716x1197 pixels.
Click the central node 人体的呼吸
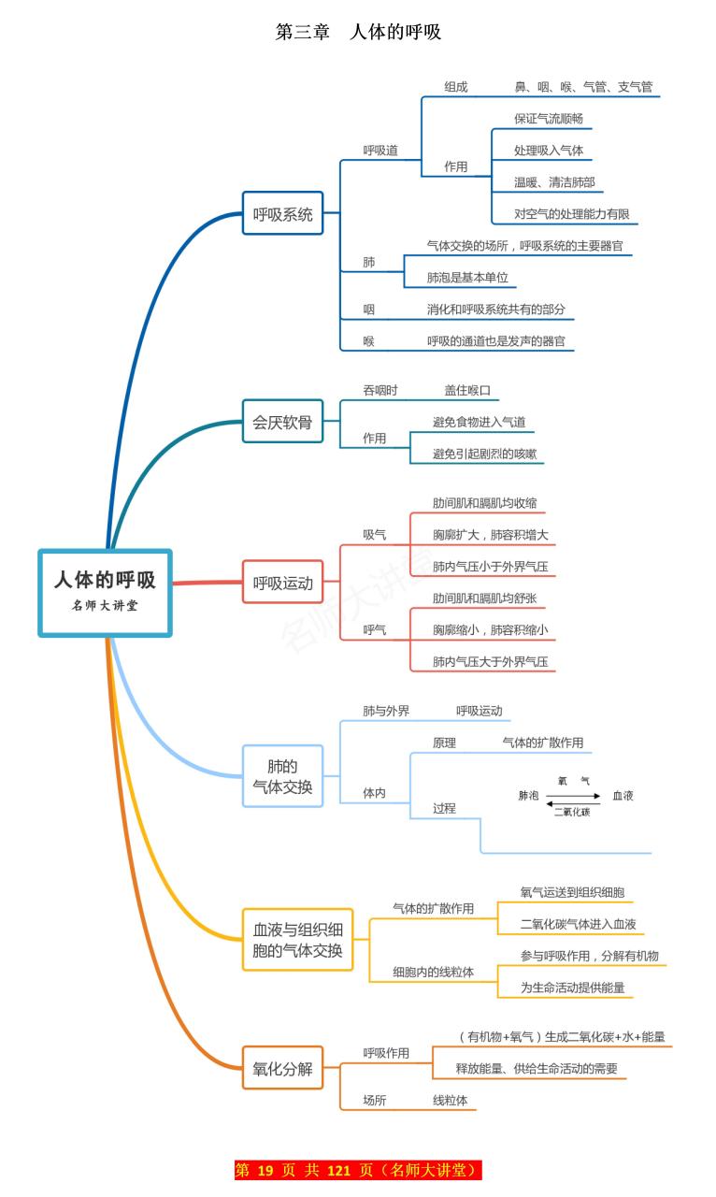pos(105,593)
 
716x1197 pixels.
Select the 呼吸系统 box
pos(282,213)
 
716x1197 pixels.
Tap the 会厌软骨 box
pos(282,423)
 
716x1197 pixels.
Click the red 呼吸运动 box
pos(282,583)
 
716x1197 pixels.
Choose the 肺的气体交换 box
pos(282,777)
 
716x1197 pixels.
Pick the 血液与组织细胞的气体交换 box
pos(297,940)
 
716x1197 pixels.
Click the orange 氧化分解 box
pos(282,1069)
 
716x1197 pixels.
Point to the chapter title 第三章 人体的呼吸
pos(358,32)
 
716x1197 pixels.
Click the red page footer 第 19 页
pos(358,1170)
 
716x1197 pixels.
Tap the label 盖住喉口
pos(467,390)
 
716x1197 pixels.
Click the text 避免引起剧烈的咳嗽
pos(485,454)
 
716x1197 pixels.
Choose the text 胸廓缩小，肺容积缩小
pos(490,629)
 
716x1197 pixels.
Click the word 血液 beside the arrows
pos(623,796)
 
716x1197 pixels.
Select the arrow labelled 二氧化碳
pos(572,804)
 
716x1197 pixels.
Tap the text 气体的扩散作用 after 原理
pos(542,743)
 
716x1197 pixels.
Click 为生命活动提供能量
pos(572,987)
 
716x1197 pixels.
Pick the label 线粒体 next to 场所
pos(450,1101)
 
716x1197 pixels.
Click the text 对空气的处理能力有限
pos(571,213)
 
